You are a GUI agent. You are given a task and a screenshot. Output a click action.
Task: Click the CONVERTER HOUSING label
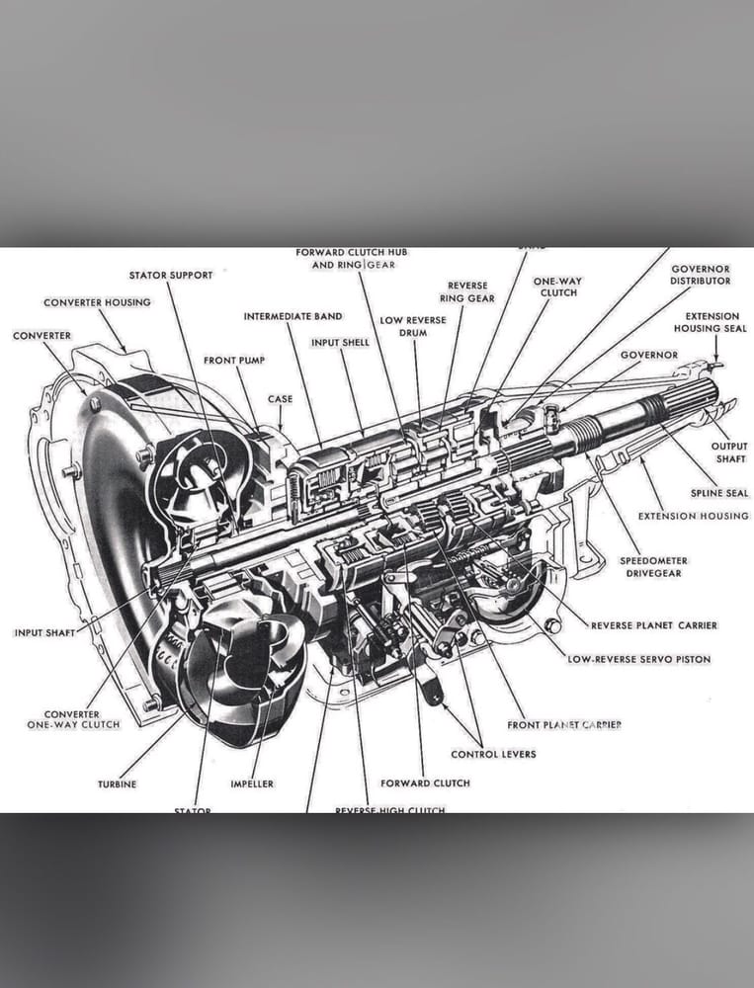pyautogui.click(x=97, y=302)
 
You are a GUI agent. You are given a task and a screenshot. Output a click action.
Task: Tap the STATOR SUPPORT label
pyautogui.click(x=170, y=275)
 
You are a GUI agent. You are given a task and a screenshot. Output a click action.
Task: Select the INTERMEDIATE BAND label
pyautogui.click(x=293, y=316)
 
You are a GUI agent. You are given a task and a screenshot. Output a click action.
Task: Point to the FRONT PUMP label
pyautogui.click(x=234, y=361)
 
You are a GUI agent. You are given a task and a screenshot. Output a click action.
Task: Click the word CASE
pyautogui.click(x=280, y=399)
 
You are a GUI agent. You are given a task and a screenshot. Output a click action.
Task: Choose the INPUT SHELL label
pyautogui.click(x=340, y=343)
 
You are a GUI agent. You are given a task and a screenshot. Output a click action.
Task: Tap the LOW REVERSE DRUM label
pyautogui.click(x=413, y=326)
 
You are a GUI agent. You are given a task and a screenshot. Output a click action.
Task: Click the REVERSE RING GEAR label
pyautogui.click(x=467, y=291)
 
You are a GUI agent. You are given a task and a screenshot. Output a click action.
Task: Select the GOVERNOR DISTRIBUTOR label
pyautogui.click(x=701, y=275)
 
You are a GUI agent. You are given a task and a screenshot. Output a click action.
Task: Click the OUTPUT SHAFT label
pyautogui.click(x=729, y=452)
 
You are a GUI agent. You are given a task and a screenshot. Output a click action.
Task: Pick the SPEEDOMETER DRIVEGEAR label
pyautogui.click(x=653, y=567)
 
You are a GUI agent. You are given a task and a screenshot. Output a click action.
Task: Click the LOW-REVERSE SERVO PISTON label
pyautogui.click(x=638, y=659)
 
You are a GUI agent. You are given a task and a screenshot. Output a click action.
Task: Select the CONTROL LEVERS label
pyautogui.click(x=493, y=754)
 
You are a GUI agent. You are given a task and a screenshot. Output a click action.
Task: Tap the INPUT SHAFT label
pyautogui.click(x=44, y=632)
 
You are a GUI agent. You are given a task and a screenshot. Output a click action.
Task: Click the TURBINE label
pyautogui.click(x=117, y=784)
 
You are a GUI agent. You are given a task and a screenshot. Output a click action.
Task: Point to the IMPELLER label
pyautogui.click(x=252, y=784)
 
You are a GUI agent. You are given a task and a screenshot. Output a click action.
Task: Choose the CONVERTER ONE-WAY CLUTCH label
pyautogui.click(x=74, y=719)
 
